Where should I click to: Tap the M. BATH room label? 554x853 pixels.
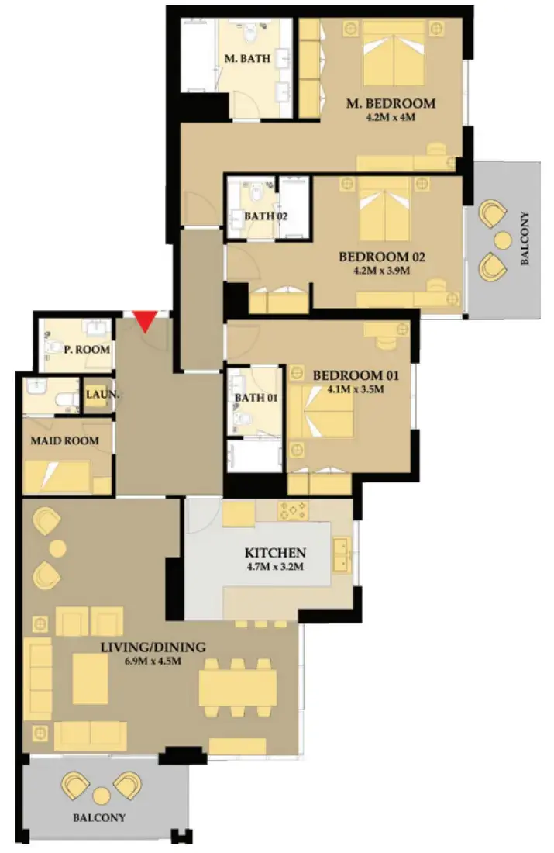247,58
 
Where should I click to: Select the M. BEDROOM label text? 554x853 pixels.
391,103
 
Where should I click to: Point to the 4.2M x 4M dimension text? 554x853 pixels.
391,117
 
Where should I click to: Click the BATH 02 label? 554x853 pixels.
266,216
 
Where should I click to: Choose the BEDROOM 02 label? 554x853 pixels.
382,256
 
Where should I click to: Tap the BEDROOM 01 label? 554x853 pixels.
356,375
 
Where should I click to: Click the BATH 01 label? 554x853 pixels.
256,398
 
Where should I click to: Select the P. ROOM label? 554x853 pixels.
87,349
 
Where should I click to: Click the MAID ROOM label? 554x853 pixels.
64,440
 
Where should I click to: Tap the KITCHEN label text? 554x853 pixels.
275,553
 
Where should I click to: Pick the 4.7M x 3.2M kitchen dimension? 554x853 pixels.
275,566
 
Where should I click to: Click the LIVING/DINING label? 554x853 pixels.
153,647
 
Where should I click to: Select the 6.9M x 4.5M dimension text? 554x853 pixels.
153,661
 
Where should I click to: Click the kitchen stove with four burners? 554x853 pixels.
293,510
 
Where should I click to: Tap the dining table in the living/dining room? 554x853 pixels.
235,688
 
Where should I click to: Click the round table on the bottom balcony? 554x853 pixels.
102,796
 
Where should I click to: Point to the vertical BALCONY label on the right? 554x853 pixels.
525,238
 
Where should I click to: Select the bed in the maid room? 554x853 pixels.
58,477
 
